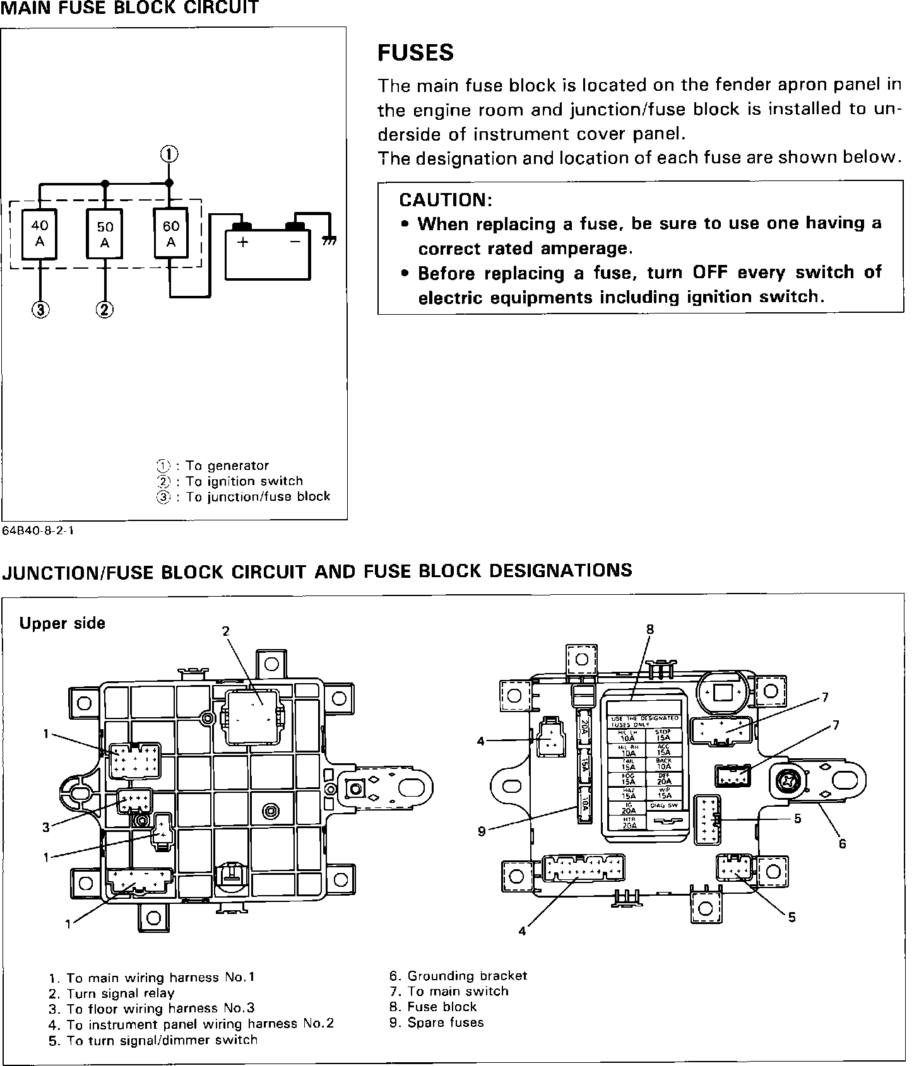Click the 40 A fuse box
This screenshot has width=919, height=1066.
tap(39, 233)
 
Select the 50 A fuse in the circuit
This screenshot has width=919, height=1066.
tap(105, 235)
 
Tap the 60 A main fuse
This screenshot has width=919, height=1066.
tap(170, 233)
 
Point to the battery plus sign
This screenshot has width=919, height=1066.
tap(243, 242)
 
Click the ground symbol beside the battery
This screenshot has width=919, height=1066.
tap(329, 241)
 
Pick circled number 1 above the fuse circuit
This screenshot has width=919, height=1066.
tap(169, 155)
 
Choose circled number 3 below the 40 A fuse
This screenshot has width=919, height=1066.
tap(40, 309)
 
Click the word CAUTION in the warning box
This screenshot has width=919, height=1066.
tap(445, 200)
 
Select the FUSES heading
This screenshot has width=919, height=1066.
tap(415, 52)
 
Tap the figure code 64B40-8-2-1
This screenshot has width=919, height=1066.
tap(38, 530)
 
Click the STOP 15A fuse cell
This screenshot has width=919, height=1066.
tap(663, 735)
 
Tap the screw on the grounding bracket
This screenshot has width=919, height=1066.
tap(788, 782)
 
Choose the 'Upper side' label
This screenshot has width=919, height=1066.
tap(62, 623)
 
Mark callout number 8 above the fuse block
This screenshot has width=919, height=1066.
tap(649, 629)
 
